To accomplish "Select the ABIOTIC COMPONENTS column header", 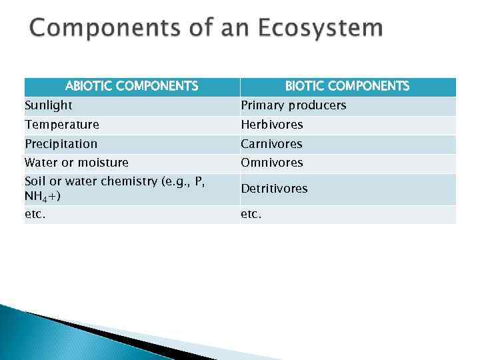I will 131,86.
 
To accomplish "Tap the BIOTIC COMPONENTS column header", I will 347,86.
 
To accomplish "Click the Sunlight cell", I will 49,105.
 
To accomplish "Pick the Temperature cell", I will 62,125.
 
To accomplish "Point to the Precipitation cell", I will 61,144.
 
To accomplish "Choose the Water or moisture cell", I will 77,163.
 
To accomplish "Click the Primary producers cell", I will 293,105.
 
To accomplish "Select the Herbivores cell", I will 272,125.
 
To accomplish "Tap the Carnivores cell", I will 271,144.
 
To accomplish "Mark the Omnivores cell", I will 272,163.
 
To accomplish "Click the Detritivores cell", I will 274,189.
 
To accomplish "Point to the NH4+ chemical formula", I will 42,197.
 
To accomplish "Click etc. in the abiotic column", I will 35,215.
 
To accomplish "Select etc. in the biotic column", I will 251,215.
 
